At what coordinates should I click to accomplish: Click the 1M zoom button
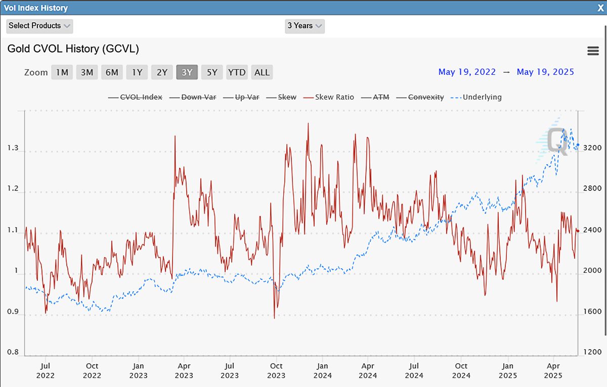(x=62, y=72)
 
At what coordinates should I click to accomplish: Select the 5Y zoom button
(x=212, y=72)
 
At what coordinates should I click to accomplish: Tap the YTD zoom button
(x=237, y=72)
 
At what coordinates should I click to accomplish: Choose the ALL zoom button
(x=262, y=72)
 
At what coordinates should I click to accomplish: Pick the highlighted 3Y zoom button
(x=187, y=72)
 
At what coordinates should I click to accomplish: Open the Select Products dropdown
(x=39, y=26)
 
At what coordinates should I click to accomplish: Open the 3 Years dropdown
(x=305, y=26)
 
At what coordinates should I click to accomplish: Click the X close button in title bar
(x=600, y=8)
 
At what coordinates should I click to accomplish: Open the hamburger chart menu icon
(x=593, y=51)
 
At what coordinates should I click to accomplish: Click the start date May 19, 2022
(x=467, y=72)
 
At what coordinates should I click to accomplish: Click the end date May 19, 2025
(x=545, y=72)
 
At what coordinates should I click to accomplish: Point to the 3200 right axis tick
(x=592, y=148)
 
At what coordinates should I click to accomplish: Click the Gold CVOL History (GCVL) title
(x=73, y=49)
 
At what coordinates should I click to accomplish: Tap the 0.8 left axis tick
(x=13, y=352)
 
